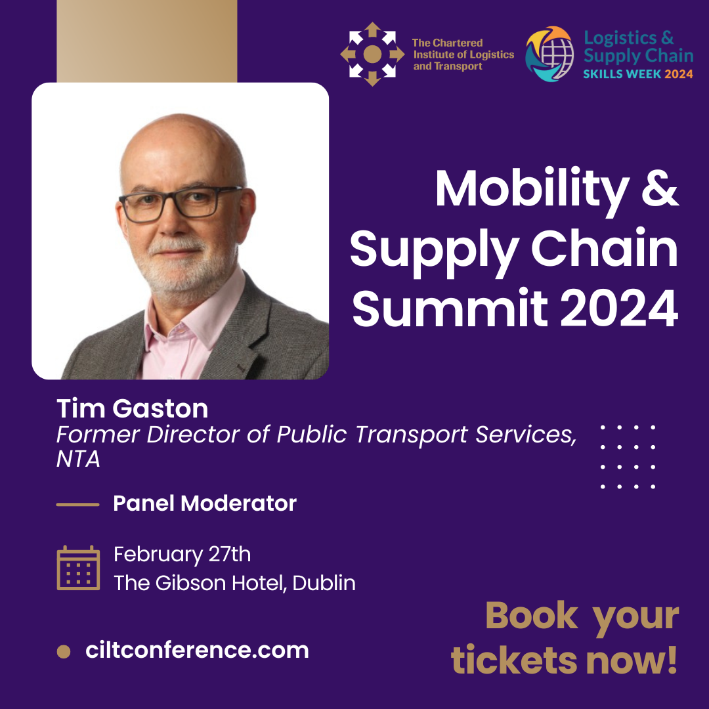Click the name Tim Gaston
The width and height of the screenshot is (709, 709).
click(132, 408)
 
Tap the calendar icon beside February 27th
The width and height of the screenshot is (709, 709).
click(78, 568)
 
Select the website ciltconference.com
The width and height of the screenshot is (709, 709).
click(197, 650)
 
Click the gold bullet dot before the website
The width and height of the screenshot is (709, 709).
click(64, 652)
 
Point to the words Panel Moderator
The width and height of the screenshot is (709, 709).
click(205, 504)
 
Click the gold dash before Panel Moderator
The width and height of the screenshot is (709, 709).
click(77, 504)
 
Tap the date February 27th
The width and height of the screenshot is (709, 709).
click(183, 555)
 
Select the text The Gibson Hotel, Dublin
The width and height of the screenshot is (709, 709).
click(234, 583)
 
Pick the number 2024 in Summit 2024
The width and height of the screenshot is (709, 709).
click(619, 308)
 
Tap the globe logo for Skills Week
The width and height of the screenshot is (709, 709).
click(549, 54)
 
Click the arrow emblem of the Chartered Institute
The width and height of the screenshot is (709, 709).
click(372, 54)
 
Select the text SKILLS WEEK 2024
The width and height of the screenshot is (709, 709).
click(637, 74)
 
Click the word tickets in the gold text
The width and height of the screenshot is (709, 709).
click(514, 660)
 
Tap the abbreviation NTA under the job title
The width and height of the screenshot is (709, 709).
click(77, 459)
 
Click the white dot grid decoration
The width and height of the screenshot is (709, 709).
click(628, 457)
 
